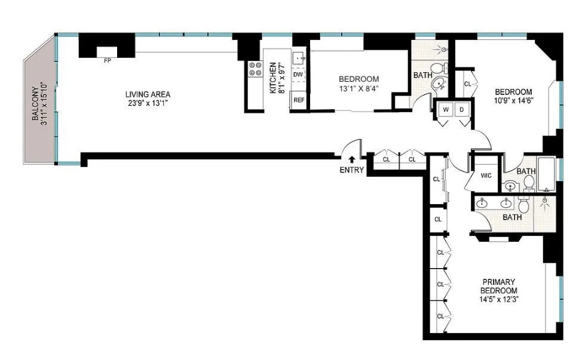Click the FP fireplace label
coord(108,61)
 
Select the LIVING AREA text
coord(148,94)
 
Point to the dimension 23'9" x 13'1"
coord(148,103)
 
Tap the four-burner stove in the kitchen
coord(255,69)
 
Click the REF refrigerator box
coord(298,100)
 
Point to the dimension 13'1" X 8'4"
coord(359,89)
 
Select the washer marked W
coord(446,110)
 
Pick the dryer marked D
coord(461,110)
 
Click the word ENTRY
coord(351,171)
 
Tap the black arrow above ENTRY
coord(351,159)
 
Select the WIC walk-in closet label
coord(486,176)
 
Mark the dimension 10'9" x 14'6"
coord(513,100)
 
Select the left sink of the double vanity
coord(482,204)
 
